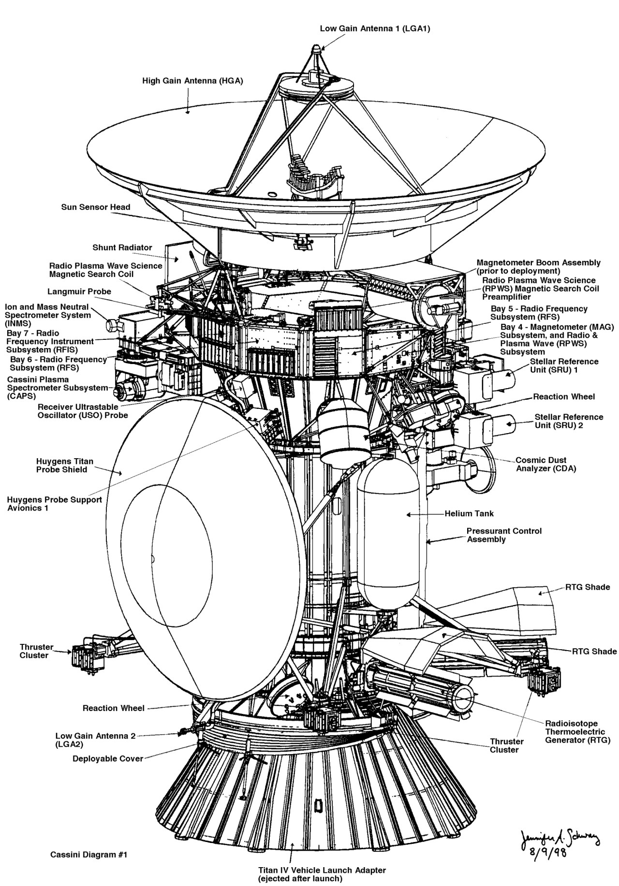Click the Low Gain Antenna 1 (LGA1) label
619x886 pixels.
coord(375,29)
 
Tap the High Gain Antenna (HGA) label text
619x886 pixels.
coord(192,81)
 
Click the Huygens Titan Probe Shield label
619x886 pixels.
coord(61,465)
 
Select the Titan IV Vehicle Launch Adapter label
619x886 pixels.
coord(322,871)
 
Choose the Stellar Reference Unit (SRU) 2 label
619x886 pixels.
coord(569,421)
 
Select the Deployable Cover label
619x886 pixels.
coord(108,758)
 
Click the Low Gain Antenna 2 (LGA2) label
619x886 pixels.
coord(95,740)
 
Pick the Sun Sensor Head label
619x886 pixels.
coord(95,207)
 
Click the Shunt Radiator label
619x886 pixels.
coord(122,247)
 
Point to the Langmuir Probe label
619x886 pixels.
coord(79,291)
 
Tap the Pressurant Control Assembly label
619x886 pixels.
coord(504,535)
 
